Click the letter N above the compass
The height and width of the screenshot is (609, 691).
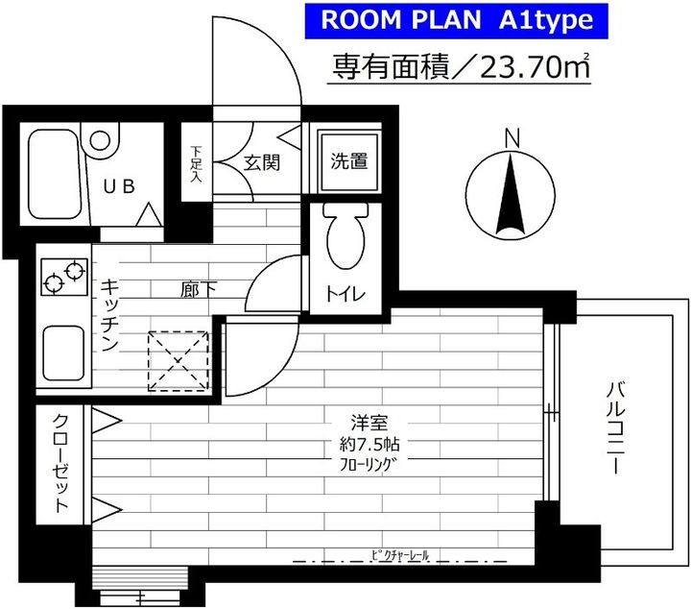512,138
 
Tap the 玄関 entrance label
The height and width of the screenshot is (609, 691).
260,161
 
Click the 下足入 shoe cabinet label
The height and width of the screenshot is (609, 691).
196,163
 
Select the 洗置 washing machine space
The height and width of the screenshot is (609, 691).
349,160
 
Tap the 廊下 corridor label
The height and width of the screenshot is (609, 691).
194,287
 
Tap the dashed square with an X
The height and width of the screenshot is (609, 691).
178,362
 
